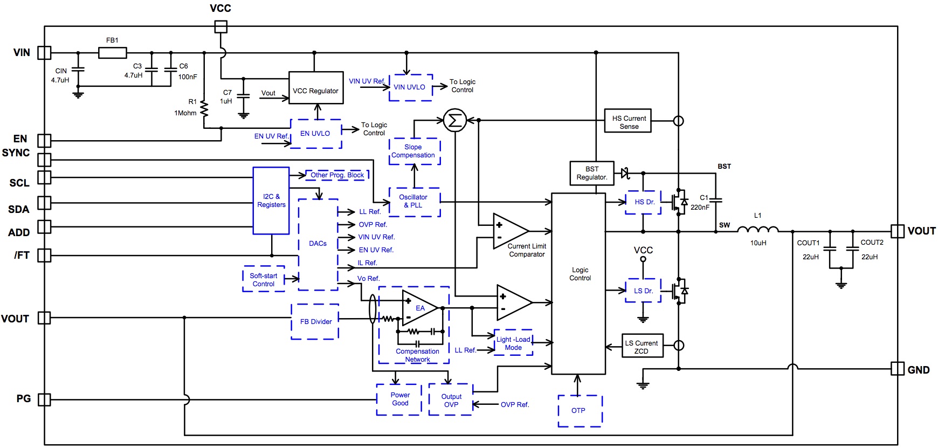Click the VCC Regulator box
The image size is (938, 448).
pos(316,88)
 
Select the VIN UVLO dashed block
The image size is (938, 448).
pos(410,87)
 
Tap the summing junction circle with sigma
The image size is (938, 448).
pos(454,120)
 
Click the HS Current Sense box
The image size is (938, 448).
pos(628,122)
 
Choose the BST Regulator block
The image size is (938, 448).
pos(591,173)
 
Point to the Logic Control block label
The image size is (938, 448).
pos(580,274)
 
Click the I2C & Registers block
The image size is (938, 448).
pos(271,201)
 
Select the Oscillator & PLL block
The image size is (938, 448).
pos(414,202)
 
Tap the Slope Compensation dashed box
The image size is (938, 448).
pos(414,151)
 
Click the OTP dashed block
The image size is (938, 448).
pos(580,411)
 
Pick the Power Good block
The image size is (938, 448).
pos(399,399)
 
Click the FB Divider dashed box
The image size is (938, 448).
pos(315,322)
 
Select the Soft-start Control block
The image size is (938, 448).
pos(264,279)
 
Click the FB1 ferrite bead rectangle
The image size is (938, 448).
pos(112,52)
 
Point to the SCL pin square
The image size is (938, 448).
pos(44,177)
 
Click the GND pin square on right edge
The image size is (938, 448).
pos(897,369)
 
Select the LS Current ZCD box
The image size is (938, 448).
pos(642,347)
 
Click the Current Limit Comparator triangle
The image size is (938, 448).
pos(509,231)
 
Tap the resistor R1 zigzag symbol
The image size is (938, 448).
pos(204,108)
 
